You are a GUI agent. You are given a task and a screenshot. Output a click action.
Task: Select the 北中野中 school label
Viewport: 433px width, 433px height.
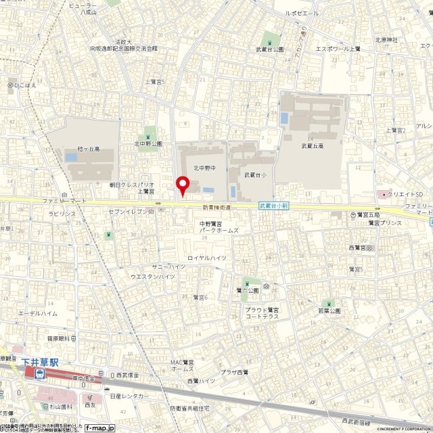pos(204,168)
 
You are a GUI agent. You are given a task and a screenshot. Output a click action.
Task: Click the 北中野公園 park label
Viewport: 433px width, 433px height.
pos(148,144)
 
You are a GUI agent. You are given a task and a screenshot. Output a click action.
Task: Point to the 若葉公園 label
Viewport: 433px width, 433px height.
pos(329,311)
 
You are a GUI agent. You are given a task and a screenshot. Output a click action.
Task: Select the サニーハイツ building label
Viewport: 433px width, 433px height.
pos(168,267)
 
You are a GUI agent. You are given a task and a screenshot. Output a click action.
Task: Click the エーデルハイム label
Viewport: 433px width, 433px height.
pos(38,314)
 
